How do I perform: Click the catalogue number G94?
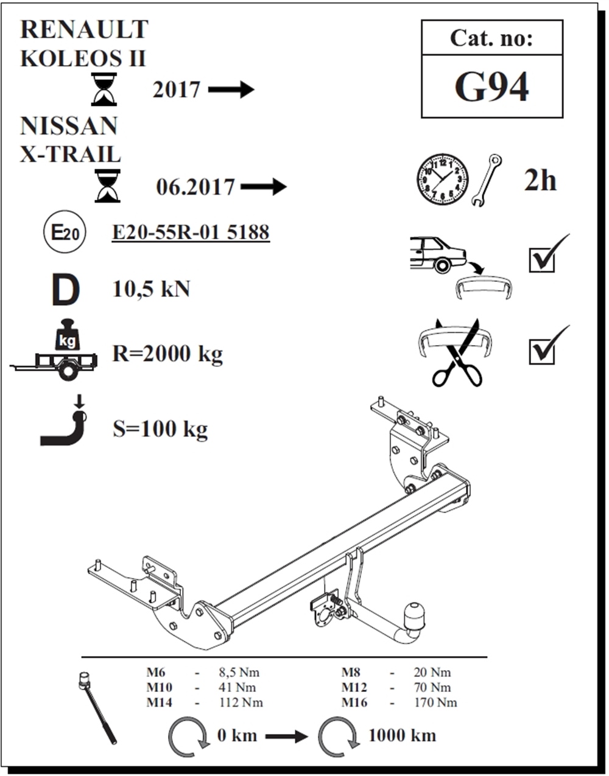[x=491, y=87]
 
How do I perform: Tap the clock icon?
[x=443, y=179]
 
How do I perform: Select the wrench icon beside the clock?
[x=486, y=180]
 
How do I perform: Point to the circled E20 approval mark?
[x=64, y=232]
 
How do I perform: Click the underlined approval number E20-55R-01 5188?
[x=191, y=232]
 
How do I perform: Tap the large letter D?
[x=65, y=290]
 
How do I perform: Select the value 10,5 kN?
[x=151, y=289]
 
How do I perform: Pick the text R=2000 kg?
[x=167, y=354]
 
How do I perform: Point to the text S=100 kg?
[x=160, y=429]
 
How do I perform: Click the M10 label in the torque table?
[x=159, y=687]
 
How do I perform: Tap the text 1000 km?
[x=402, y=735]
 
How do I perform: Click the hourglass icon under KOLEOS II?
[x=104, y=89]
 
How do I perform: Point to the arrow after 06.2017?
[x=263, y=186]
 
